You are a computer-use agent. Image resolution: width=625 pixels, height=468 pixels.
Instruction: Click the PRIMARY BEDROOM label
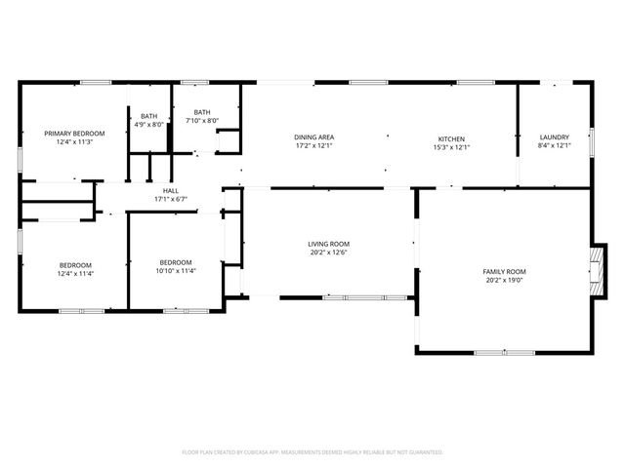pyautogui.click(x=74, y=133)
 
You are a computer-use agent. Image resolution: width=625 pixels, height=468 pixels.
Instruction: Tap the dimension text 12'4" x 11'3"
pyautogui.click(x=74, y=141)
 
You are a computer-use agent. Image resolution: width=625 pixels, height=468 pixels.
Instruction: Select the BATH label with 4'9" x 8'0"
pyautogui.click(x=148, y=116)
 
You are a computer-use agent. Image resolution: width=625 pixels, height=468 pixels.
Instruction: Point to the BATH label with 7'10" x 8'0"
pyautogui.click(x=202, y=112)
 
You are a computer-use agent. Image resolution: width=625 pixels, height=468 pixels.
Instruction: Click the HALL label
pyautogui.click(x=170, y=190)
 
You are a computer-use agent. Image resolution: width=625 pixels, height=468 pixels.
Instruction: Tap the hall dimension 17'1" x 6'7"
pyautogui.click(x=170, y=199)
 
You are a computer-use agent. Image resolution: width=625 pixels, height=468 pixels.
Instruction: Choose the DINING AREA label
pyautogui.click(x=314, y=137)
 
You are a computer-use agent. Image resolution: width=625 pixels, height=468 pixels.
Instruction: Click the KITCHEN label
pyautogui.click(x=451, y=138)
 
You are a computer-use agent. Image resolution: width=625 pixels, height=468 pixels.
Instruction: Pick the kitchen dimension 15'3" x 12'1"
pyautogui.click(x=451, y=147)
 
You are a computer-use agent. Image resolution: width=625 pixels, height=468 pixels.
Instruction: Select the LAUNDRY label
pyautogui.click(x=554, y=137)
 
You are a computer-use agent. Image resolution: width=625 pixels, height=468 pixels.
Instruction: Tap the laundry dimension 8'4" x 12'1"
pyautogui.click(x=554, y=146)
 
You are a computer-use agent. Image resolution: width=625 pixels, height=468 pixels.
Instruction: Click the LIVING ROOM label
pyautogui.click(x=328, y=244)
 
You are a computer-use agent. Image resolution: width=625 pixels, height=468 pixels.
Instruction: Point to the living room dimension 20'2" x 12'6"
pyautogui.click(x=328, y=253)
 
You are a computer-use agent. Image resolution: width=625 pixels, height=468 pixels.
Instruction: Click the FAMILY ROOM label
pyautogui.click(x=504, y=271)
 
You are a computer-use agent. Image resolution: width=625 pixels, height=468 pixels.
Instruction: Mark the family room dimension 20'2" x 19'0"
pyautogui.click(x=504, y=280)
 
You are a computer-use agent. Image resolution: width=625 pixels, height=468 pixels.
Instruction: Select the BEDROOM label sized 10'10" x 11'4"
pyautogui.click(x=176, y=261)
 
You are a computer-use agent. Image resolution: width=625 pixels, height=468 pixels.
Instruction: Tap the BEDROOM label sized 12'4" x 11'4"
pyautogui.click(x=75, y=265)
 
